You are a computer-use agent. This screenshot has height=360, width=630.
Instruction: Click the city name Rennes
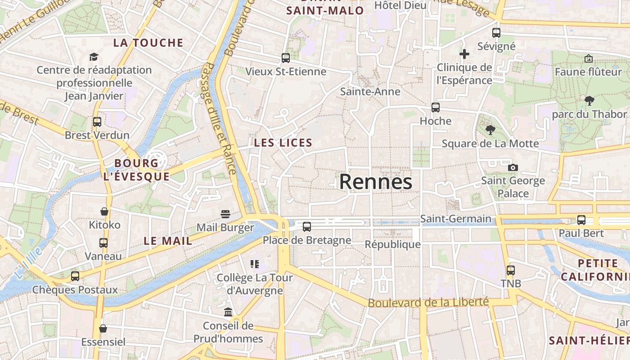pos(375,182)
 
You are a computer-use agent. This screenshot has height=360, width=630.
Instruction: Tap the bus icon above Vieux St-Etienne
pos(285,58)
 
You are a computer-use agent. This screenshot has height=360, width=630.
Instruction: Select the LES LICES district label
pos(283,143)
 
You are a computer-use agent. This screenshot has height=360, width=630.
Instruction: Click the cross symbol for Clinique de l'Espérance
pos(464,54)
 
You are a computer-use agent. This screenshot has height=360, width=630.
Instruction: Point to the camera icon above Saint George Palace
pos(513,168)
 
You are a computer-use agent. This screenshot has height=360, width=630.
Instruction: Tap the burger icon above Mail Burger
pos(225,214)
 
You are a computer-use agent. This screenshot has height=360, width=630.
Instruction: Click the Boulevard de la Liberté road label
pos(428,302)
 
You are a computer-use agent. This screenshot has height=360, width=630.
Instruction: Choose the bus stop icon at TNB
pos(510,270)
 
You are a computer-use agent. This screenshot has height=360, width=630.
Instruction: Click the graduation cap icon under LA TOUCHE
pos(94,57)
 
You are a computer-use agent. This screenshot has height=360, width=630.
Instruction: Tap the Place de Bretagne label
pos(307,240)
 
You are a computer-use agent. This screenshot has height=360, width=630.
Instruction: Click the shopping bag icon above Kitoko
pos(104,211)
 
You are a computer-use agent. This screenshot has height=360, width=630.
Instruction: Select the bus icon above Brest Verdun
pos(97,122)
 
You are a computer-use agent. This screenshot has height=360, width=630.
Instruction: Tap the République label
pos(392,244)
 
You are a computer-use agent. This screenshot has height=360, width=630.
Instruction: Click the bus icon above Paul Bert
pos(581,220)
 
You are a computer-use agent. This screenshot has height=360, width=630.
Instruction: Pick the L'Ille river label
pos(28,262)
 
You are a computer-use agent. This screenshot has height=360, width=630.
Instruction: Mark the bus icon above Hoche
pos(435,108)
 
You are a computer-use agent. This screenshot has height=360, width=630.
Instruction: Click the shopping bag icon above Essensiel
pos(103,328)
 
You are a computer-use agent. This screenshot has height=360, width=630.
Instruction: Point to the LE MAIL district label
pos(168,241)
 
